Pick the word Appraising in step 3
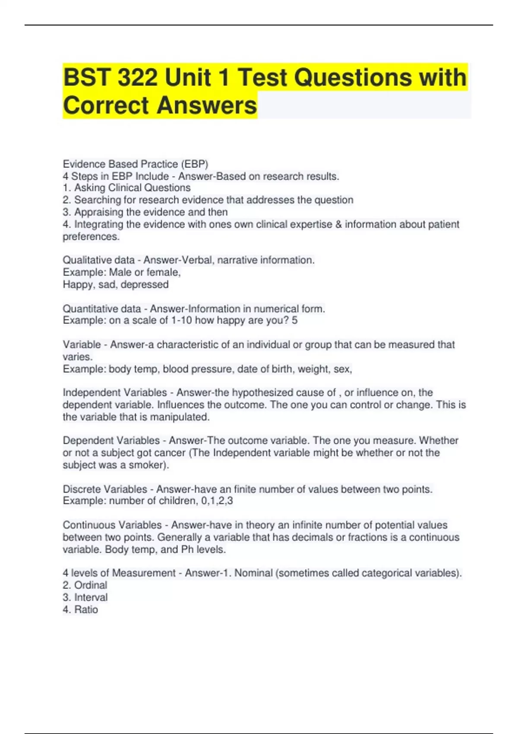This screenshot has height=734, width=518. pyautogui.click(x=98, y=212)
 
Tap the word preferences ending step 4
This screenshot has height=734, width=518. pyautogui.click(x=91, y=237)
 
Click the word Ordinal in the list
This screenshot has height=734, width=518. pyautogui.click(x=91, y=585)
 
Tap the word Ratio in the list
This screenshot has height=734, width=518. pyautogui.click(x=86, y=610)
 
